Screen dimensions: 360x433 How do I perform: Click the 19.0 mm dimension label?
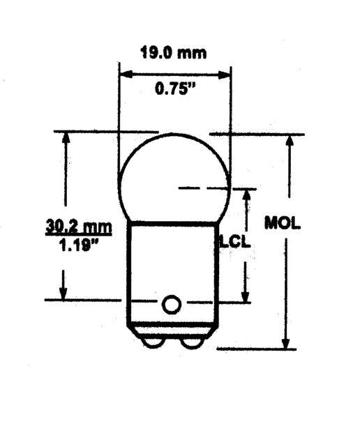174,52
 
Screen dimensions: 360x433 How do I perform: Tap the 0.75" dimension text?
175,89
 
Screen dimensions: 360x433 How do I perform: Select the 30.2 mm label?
79,227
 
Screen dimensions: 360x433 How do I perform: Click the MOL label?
282,222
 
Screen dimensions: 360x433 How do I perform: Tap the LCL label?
235,241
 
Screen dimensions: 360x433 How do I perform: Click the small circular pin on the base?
172,304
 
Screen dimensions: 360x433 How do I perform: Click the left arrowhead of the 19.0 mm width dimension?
126,74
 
